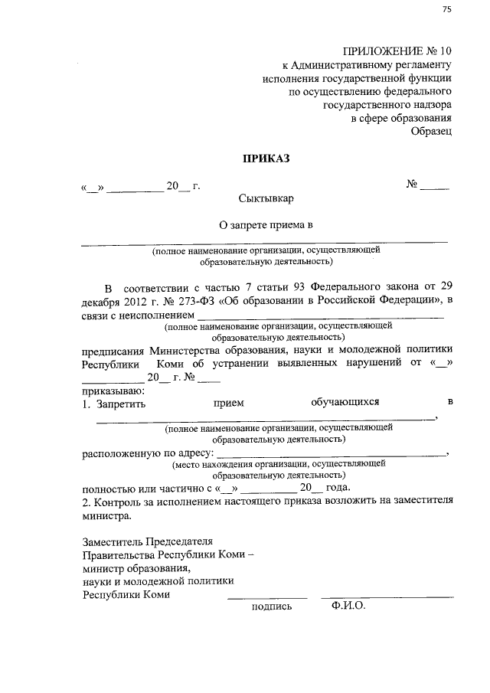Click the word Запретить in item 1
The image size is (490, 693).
[120, 402]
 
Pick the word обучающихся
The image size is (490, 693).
[345, 401]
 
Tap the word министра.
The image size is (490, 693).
[101, 516]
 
